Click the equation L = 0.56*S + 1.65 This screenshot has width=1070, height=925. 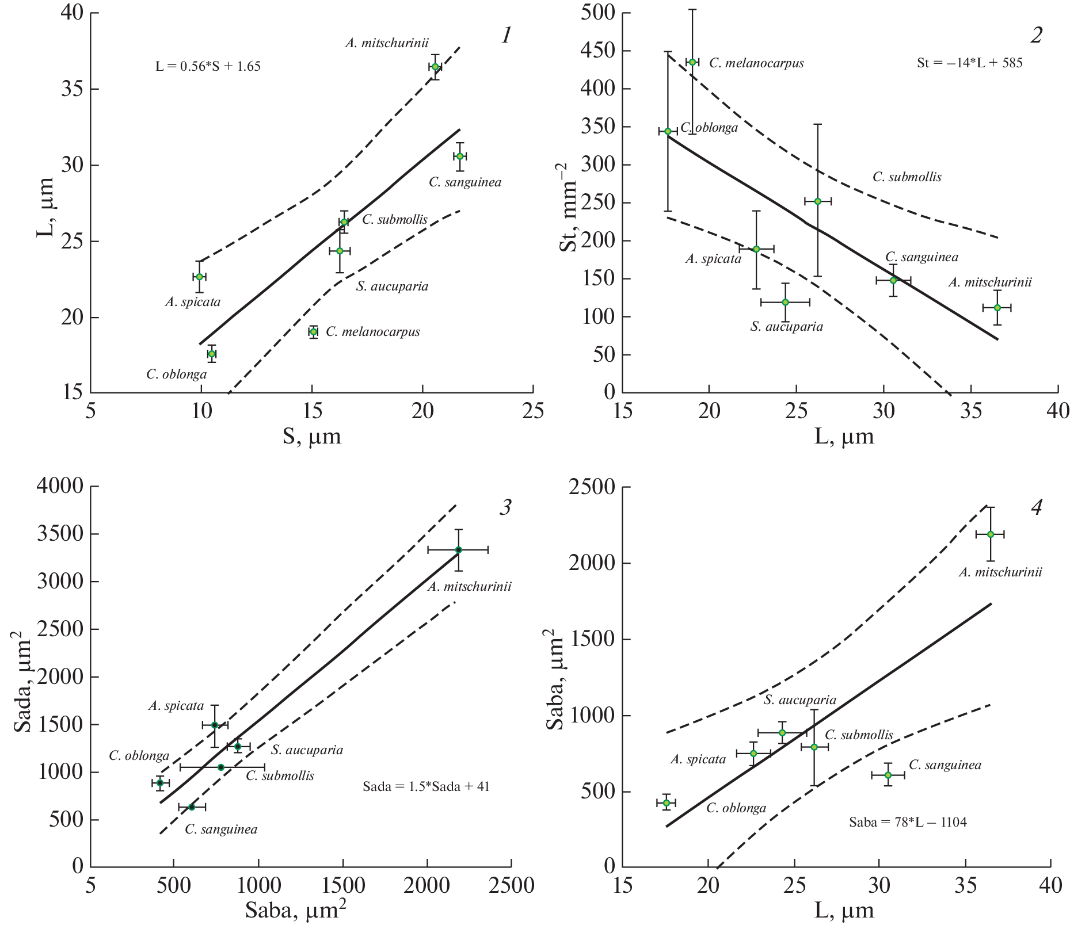click(x=208, y=67)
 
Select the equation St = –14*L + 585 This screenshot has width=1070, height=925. click(x=969, y=63)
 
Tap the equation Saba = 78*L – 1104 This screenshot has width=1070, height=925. click(x=908, y=822)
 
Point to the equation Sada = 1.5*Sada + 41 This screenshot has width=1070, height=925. click(x=426, y=786)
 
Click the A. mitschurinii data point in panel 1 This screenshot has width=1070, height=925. click(x=435, y=67)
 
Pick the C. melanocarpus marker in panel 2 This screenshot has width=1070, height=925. click(x=692, y=62)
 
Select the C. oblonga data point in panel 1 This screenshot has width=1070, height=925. click(x=212, y=354)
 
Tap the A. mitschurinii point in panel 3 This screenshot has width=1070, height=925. click(x=459, y=550)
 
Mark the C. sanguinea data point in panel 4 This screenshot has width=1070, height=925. click(x=888, y=775)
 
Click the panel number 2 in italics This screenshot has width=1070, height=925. click(x=1036, y=36)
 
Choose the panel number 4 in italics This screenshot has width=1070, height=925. click(x=1037, y=507)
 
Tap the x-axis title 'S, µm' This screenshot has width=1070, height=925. click(x=311, y=436)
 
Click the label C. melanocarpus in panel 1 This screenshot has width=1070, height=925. click(x=373, y=332)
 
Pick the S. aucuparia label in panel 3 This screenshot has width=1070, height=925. click(x=307, y=750)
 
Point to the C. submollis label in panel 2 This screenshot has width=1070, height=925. click(x=907, y=177)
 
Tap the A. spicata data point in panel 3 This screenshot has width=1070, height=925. click(x=215, y=725)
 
